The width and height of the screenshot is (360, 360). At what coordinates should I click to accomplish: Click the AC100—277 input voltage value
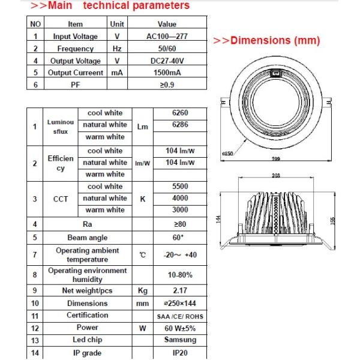pyautogui.click(x=166, y=37)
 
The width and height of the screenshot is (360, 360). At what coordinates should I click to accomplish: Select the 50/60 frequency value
pyautogui.click(x=166, y=49)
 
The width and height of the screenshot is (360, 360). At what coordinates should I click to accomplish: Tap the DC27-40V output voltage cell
pyautogui.click(x=166, y=61)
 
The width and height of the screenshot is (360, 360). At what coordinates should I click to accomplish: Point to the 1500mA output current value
pyautogui.click(x=166, y=73)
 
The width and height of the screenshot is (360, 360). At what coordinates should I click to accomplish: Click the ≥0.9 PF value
pyautogui.click(x=166, y=85)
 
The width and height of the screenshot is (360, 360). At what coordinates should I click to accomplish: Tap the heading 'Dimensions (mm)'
pyautogui.click(x=267, y=41)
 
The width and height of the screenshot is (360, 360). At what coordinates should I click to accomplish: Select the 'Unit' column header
pyautogui.click(x=116, y=25)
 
